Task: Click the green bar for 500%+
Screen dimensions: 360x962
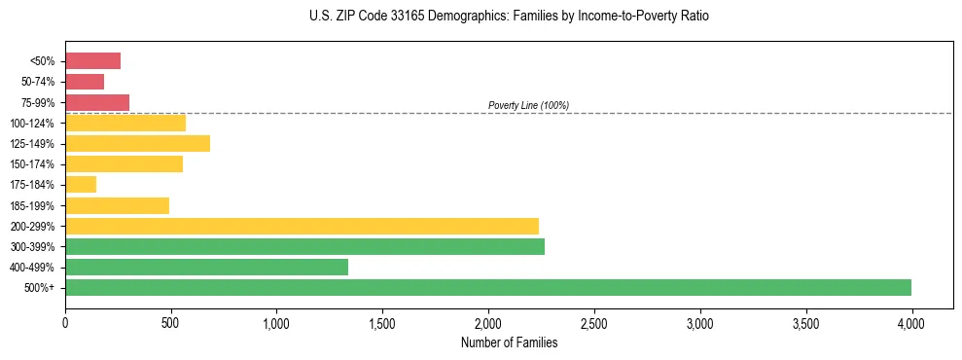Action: [487, 287]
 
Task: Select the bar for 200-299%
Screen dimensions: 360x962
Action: [302, 226]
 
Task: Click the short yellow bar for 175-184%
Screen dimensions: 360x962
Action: [81, 184]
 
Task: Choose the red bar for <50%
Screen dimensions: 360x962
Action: [92, 61]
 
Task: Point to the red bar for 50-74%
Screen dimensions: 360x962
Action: [85, 82]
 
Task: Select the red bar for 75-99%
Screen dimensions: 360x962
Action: [97, 102]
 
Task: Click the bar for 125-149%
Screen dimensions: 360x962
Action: [137, 144]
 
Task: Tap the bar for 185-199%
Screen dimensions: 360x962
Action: [117, 205]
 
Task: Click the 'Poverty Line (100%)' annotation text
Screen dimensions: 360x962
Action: [528, 105]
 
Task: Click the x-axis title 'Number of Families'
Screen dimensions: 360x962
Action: [508, 342]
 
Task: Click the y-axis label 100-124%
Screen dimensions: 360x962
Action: [32, 124]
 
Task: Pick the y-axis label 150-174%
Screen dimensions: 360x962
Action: [32, 164]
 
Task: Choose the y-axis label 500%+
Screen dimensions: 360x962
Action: [39, 288]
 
